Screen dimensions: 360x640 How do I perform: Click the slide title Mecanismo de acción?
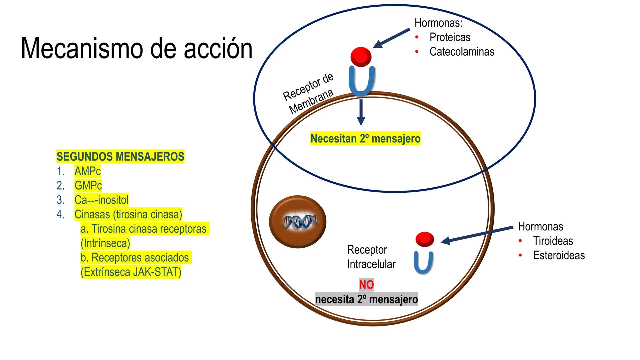(137, 49)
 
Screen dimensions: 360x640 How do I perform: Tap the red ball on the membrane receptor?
(361, 56)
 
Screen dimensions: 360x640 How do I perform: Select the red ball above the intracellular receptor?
(425, 239)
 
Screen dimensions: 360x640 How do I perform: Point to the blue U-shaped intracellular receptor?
(423, 263)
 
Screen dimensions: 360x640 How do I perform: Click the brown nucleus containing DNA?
(297, 222)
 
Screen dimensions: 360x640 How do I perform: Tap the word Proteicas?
(450, 37)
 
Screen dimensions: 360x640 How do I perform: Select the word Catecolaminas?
(462, 52)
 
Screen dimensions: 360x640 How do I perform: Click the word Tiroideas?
(553, 241)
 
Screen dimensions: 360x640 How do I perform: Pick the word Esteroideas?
(559, 255)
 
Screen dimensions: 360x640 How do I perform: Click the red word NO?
(366, 285)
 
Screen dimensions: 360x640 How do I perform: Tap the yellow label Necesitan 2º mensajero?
(365, 139)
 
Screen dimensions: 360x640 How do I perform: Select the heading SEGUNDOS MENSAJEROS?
(120, 156)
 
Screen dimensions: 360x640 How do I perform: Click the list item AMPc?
(87, 171)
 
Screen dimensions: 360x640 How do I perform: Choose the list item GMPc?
(88, 185)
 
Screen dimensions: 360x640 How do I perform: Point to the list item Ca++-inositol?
(101, 200)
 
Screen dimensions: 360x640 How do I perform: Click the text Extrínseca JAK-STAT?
(131, 272)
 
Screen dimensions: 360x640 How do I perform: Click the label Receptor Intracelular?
(371, 257)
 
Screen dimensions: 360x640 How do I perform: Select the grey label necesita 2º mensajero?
(366, 299)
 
